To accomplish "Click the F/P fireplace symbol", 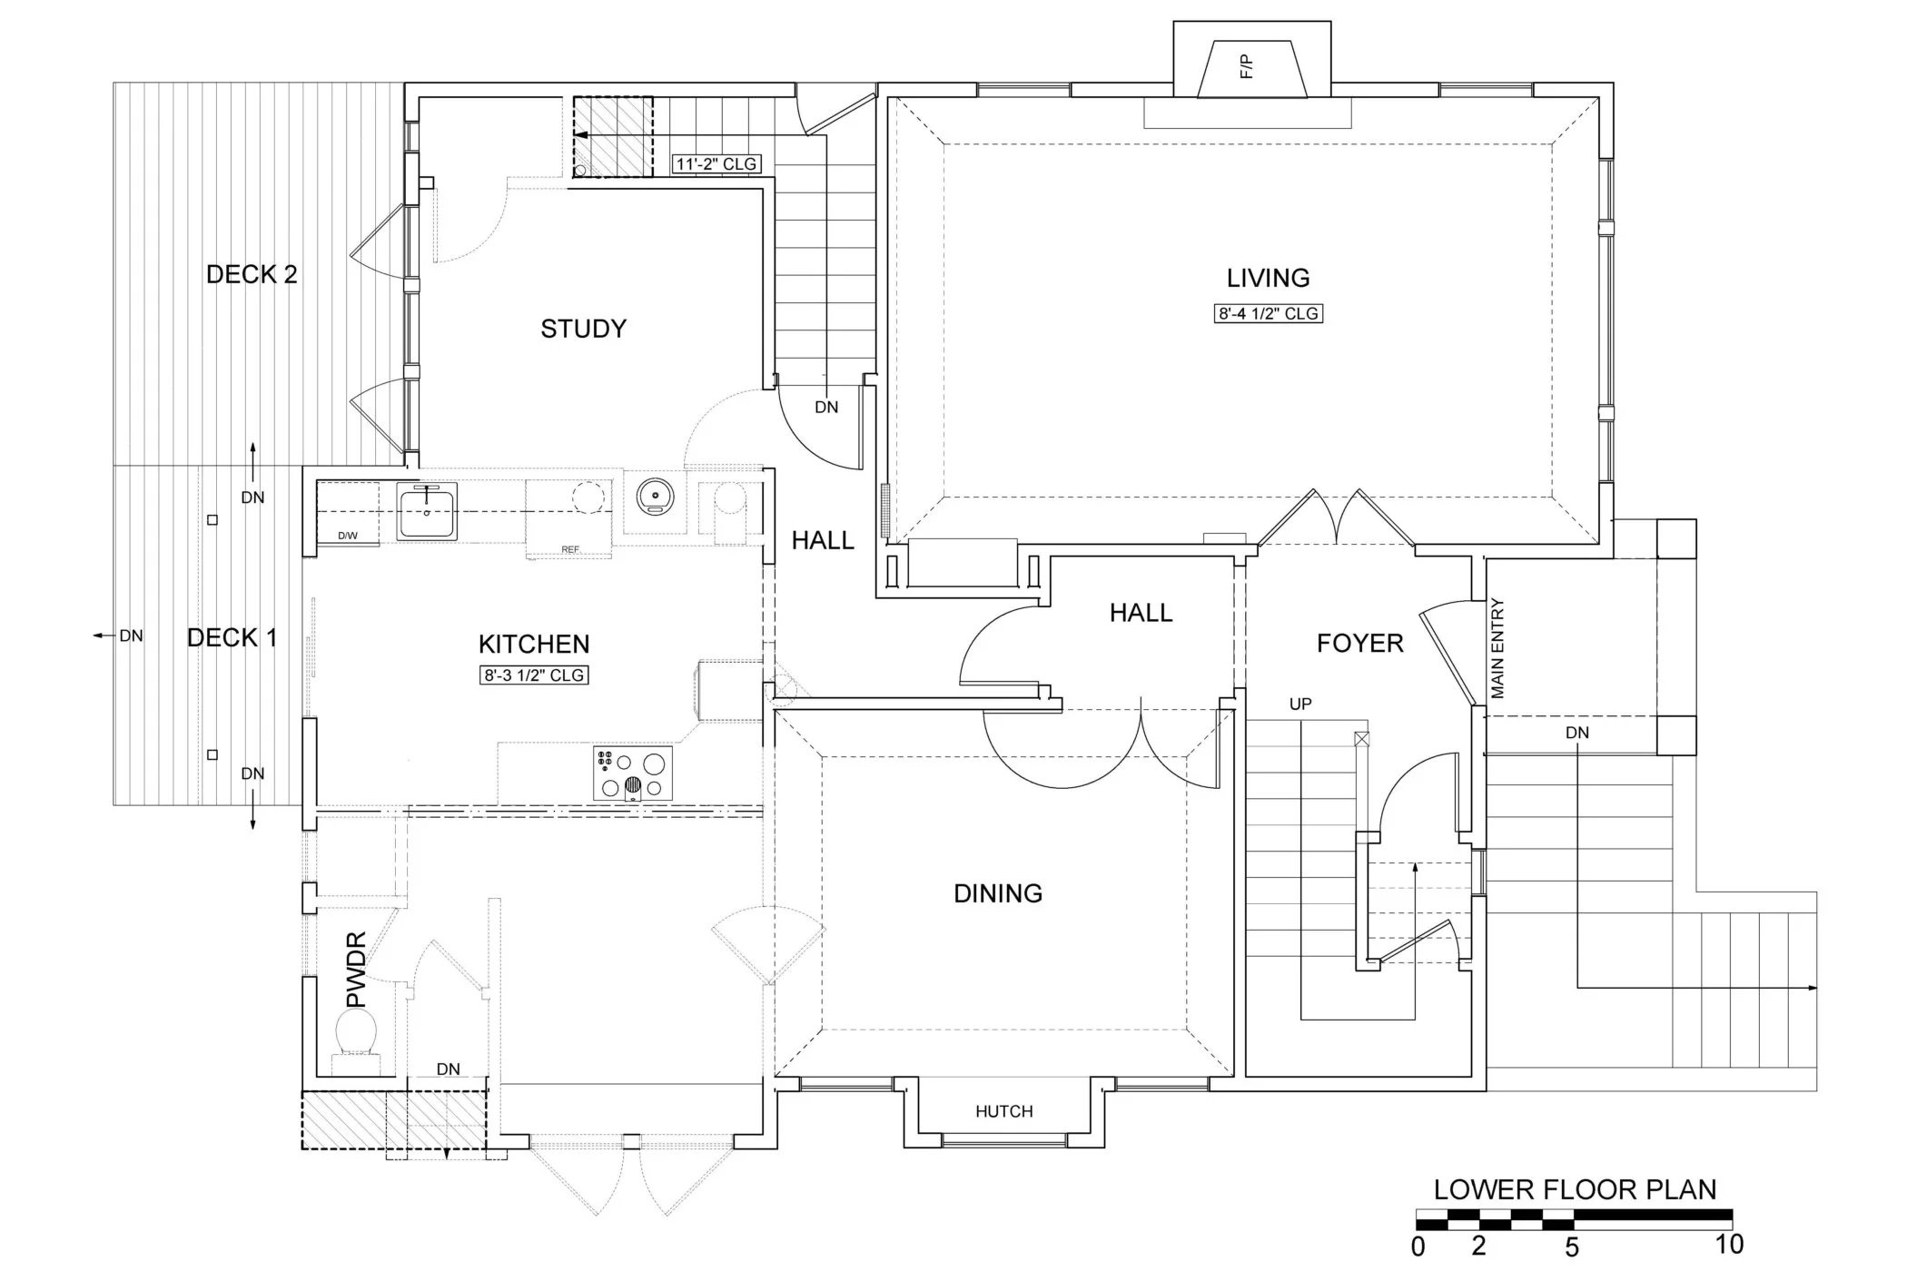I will tap(1252, 67).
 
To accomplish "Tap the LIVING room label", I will tap(1268, 278).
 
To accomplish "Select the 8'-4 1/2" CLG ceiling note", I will tap(1268, 314).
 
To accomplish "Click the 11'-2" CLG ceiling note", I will tap(716, 164).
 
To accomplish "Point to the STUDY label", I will tap(583, 329).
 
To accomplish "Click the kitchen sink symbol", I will tap(427, 511).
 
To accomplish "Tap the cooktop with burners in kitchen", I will tap(633, 773).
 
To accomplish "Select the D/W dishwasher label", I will tap(347, 536).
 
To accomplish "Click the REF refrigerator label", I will tap(569, 549).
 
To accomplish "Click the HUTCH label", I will tap(1003, 1111).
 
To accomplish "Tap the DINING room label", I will tap(997, 894).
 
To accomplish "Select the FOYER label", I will tap(1359, 645).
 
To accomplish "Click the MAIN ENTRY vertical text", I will tap(1497, 648).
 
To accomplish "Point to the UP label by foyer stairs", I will tap(1299, 704).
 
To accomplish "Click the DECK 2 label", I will tap(252, 275).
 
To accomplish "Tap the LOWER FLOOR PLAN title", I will tap(1574, 1190).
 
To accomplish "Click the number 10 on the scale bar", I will tap(1729, 1244).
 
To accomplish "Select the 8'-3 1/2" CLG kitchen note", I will tap(534, 675).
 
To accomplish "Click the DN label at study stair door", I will tap(825, 408).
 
